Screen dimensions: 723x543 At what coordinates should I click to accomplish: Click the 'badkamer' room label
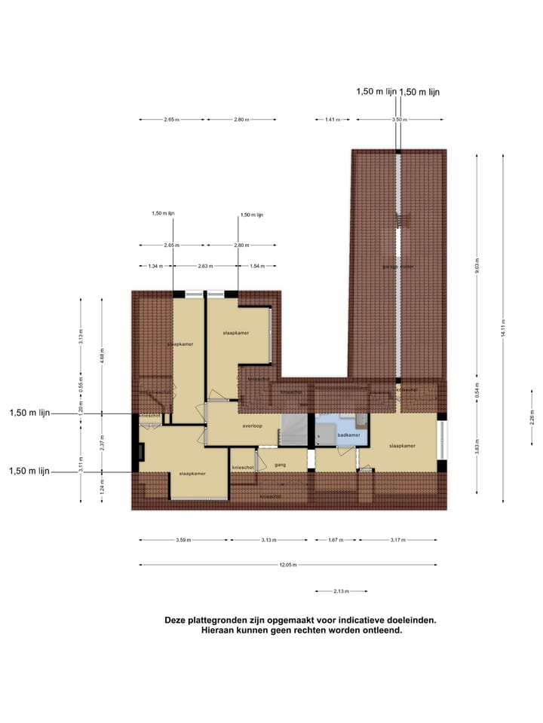click(x=348, y=435)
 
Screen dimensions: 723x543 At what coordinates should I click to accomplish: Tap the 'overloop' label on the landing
click(x=252, y=426)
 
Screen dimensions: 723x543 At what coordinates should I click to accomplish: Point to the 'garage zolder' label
click(x=397, y=267)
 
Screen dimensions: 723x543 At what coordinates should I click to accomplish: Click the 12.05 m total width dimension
click(x=287, y=565)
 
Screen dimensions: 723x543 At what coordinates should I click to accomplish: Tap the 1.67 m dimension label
click(x=333, y=540)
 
